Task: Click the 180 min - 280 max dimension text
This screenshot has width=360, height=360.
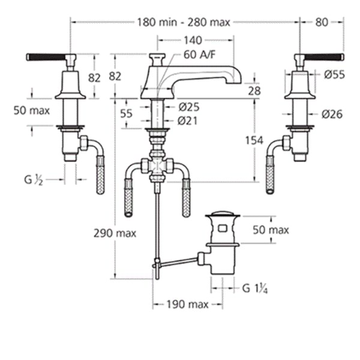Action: click(183, 22)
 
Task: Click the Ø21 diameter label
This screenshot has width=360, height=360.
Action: click(188, 121)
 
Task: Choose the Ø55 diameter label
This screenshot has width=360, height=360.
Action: click(334, 75)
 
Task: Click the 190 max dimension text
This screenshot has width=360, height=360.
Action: click(187, 305)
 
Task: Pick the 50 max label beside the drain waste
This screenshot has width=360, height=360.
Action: click(270, 230)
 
